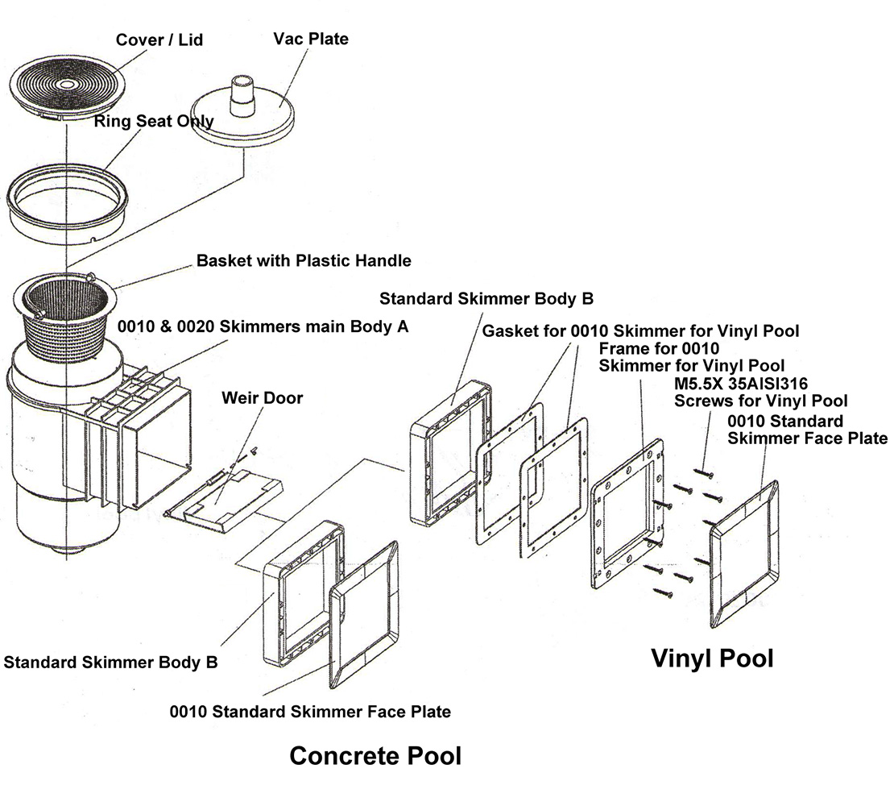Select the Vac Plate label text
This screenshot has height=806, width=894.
tap(311, 39)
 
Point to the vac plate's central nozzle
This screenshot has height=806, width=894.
tap(241, 94)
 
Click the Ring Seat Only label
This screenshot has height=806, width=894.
tap(154, 122)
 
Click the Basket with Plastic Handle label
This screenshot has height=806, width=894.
tap(304, 261)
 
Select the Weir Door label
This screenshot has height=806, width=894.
tap(262, 398)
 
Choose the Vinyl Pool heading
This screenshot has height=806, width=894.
tap(712, 659)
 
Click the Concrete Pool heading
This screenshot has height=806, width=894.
tap(375, 756)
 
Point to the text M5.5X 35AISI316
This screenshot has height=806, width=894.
tap(740, 384)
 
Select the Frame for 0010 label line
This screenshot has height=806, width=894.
tap(658, 349)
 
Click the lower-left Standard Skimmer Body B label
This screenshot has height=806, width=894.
tap(110, 663)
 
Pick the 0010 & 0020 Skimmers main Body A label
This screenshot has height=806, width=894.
tap(263, 327)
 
